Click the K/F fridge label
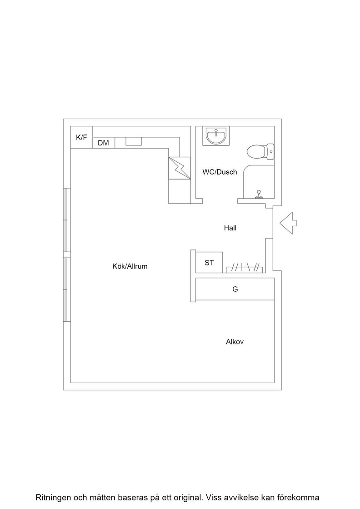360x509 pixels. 81,137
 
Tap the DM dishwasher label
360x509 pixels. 103,143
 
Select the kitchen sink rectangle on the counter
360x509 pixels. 134,141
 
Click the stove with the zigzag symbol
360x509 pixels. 179,168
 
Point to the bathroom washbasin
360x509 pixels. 216,136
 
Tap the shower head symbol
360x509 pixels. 259,194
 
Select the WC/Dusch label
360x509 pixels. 220,172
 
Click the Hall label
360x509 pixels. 230,228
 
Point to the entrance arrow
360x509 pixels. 288,223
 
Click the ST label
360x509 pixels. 210,263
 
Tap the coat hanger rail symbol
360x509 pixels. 245,268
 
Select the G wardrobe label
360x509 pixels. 235,289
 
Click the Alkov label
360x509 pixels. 235,342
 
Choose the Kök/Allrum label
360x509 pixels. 130,266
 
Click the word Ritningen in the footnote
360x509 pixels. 54,497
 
